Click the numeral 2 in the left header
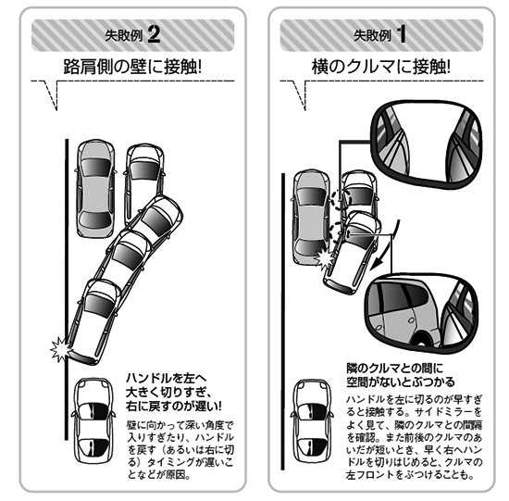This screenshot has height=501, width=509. point(154,35)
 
